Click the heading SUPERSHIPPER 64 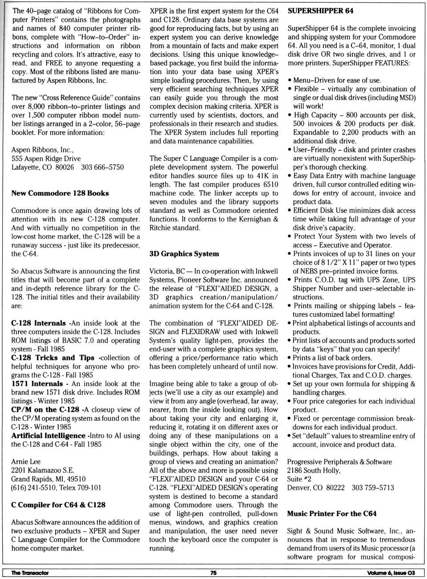pyautogui.click(x=321, y=11)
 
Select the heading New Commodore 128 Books pyautogui.click(x=60, y=193)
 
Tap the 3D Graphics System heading pyautogui.click(x=184, y=254)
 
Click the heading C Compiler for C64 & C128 pyautogui.click(x=58, y=505)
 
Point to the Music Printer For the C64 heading pyautogui.click(x=332, y=514)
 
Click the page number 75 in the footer pyautogui.click(x=213, y=573)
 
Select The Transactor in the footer pyautogui.click(x=30, y=573)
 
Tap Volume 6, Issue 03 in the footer pyautogui.click(x=391, y=573)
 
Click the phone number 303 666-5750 pyautogui.click(x=102, y=167)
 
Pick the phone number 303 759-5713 pyautogui.click(x=373, y=488)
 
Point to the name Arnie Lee pyautogui.click(x=26, y=462)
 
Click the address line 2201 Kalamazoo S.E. pyautogui.click(x=43, y=470)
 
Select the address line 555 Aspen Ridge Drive pyautogui.click(x=46, y=159)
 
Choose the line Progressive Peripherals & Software pyautogui.click(x=339, y=462)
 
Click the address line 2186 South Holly pyautogui.click(x=314, y=470)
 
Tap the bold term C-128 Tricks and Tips pyautogui.click(x=52, y=358)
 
